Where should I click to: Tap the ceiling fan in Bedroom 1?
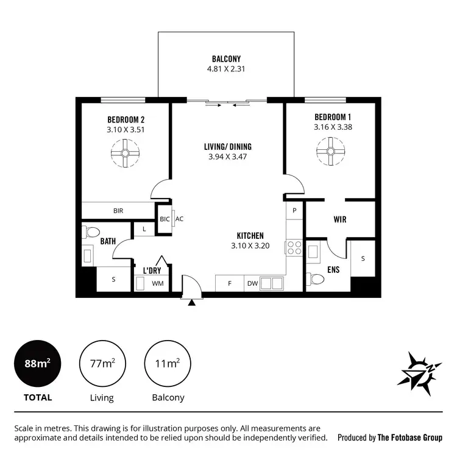(331, 149)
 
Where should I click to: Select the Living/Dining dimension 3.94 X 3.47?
(227, 157)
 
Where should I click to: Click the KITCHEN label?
(250, 236)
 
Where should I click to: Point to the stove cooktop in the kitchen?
(294, 248)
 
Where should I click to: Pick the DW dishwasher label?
(252, 283)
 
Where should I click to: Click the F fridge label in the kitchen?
(230, 283)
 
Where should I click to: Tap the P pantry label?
(294, 210)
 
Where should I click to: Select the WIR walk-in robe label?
(340, 219)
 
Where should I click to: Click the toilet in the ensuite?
(316, 279)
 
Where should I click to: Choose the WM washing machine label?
(157, 283)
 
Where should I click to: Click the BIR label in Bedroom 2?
(118, 211)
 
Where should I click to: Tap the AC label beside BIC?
(179, 219)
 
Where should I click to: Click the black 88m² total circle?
(37, 364)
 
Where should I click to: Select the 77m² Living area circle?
(102, 364)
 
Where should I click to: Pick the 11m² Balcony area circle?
(166, 364)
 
